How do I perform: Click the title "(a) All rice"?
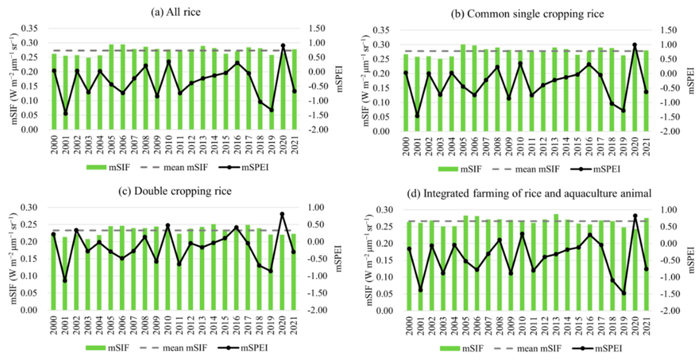tap(176, 12)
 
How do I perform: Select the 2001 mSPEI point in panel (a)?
tap(66, 113)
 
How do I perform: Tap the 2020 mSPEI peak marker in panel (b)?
tap(635, 45)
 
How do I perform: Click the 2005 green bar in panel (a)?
tap(111, 87)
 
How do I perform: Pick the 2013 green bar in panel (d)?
tap(556, 262)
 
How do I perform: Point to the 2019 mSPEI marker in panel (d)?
tap(624, 293)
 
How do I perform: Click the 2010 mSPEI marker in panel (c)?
tap(168, 225)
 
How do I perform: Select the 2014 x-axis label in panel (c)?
tap(213, 326)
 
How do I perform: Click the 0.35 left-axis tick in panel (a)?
tap(29, 29)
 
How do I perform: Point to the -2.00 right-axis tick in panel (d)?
tap(671, 311)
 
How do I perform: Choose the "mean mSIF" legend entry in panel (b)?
tap(526, 169)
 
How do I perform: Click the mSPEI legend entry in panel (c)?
tap(243, 348)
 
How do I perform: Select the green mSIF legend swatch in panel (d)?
tap(450, 348)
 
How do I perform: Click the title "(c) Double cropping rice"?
tap(175, 191)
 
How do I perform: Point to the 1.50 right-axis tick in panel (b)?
tap(669, 30)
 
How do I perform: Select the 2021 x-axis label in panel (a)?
tap(294, 145)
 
